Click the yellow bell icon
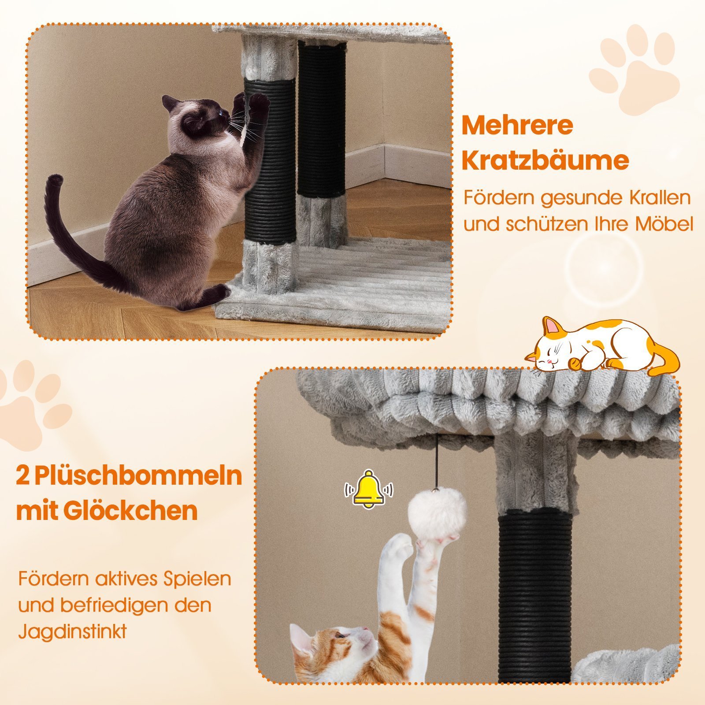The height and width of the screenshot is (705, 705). pos(369,489)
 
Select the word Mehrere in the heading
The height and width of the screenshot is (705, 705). pos(517,126)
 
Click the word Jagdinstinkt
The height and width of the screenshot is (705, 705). pos(72,631)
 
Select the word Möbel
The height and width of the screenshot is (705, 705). pos(664,224)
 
